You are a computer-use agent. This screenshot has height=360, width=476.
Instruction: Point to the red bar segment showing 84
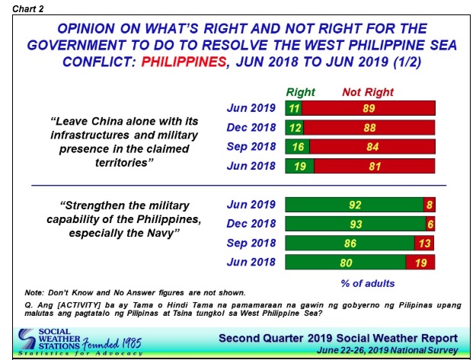371,147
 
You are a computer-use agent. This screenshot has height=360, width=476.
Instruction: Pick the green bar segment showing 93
354,224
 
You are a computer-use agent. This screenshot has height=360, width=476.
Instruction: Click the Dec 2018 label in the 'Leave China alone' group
251,127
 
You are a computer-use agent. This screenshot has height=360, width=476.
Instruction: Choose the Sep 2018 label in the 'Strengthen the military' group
251,244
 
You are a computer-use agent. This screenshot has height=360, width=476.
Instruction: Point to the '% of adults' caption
368,283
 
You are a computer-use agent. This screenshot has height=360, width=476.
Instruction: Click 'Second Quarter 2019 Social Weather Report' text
337,337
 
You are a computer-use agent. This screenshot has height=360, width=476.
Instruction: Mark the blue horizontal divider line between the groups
237,185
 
